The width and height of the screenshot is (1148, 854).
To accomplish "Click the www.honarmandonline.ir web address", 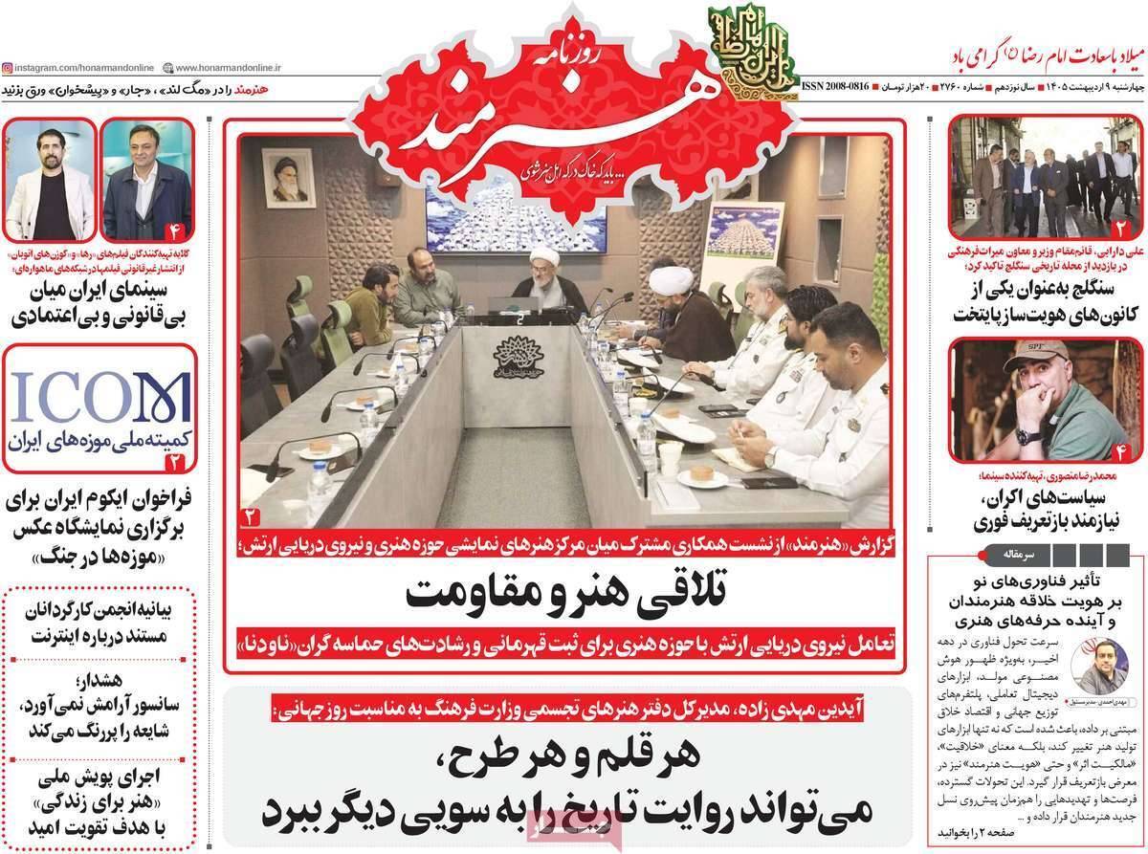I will pos(224,67).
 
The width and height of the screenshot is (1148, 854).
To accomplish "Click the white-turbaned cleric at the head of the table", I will pos(545,277).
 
